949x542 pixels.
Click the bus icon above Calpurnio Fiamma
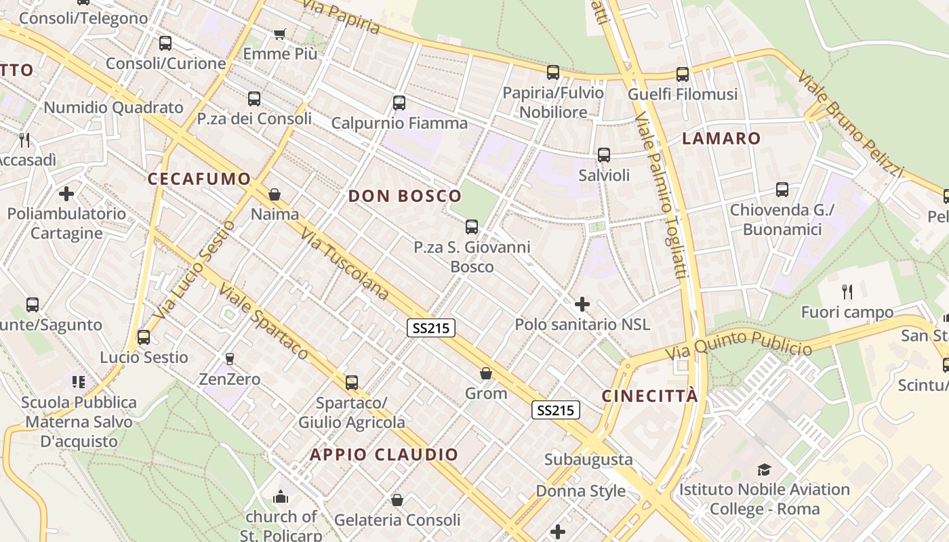click(x=399, y=103)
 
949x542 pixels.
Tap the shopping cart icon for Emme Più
click(x=280, y=34)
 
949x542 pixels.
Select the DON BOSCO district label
click(x=405, y=196)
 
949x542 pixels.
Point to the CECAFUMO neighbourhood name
click(x=199, y=179)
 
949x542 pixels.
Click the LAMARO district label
click(x=721, y=139)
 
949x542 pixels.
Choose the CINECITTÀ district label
click(x=649, y=396)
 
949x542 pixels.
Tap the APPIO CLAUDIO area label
click(x=384, y=455)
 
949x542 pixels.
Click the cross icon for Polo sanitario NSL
click(x=582, y=304)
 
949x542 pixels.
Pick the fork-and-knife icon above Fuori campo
click(x=847, y=292)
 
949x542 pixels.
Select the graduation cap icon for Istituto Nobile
click(x=764, y=470)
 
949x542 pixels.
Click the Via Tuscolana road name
click(x=345, y=265)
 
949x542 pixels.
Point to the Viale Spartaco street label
click(x=263, y=321)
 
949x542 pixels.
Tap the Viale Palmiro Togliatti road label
click(x=662, y=196)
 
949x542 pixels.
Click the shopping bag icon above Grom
click(x=486, y=373)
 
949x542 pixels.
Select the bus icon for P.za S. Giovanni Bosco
click(x=472, y=227)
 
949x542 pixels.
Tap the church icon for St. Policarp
click(x=281, y=498)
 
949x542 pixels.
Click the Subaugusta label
click(x=588, y=460)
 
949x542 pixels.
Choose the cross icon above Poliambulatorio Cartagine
click(x=66, y=194)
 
